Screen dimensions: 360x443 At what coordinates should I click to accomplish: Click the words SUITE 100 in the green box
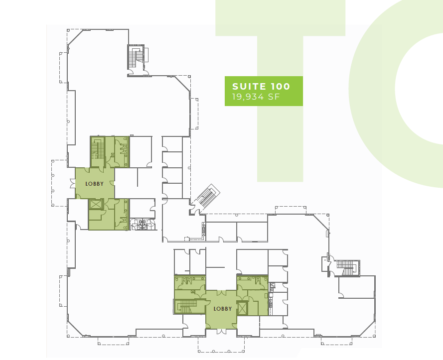click(261, 87)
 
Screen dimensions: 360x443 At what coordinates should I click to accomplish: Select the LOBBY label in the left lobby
click(94, 184)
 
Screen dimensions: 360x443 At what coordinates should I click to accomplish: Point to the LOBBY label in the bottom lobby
click(222, 309)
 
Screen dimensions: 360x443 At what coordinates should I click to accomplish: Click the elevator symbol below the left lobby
click(95, 204)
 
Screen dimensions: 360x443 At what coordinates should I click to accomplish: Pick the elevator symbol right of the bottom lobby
click(242, 308)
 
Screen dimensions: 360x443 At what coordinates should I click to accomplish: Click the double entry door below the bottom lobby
click(221, 328)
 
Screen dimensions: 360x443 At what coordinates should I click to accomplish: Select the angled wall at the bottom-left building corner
click(76, 328)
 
